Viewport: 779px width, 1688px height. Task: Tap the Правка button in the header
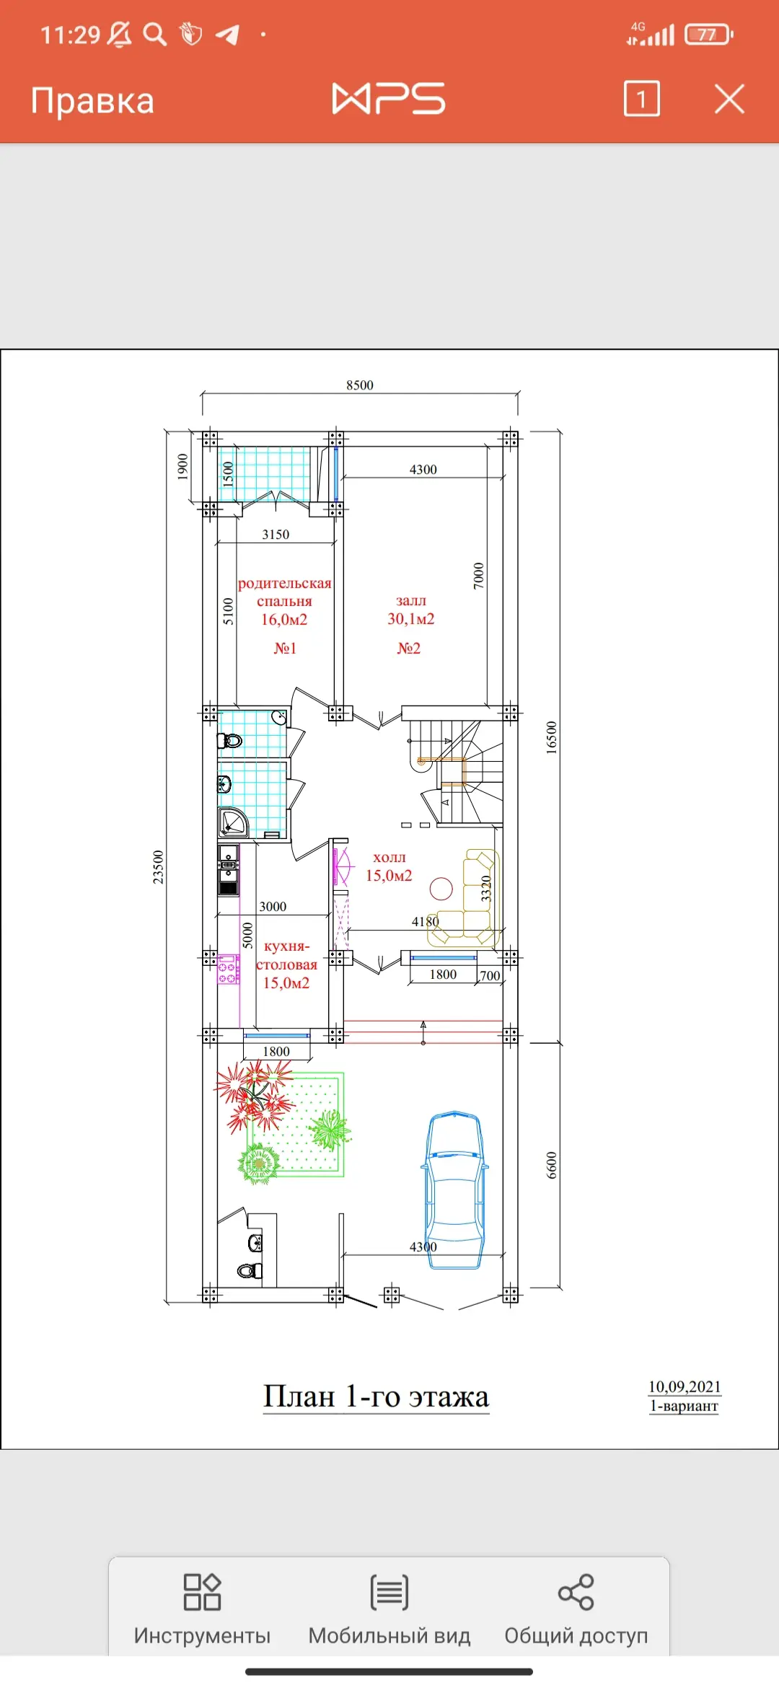[92, 101]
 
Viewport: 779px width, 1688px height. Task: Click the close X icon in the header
[729, 99]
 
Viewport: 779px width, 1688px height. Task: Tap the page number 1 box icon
[641, 99]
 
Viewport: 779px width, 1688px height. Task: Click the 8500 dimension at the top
[360, 385]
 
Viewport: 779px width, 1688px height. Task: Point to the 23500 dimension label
[158, 867]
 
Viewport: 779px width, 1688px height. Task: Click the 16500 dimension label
[552, 737]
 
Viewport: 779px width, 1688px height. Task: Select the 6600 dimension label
[552, 1165]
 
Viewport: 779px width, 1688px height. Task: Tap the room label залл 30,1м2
[410, 610]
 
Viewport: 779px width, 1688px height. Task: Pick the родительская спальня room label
[284, 592]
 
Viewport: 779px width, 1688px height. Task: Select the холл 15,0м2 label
[389, 866]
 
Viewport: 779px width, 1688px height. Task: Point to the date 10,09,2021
[685, 1386]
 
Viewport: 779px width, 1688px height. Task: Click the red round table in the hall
[441, 889]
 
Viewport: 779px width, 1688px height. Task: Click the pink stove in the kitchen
[228, 969]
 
